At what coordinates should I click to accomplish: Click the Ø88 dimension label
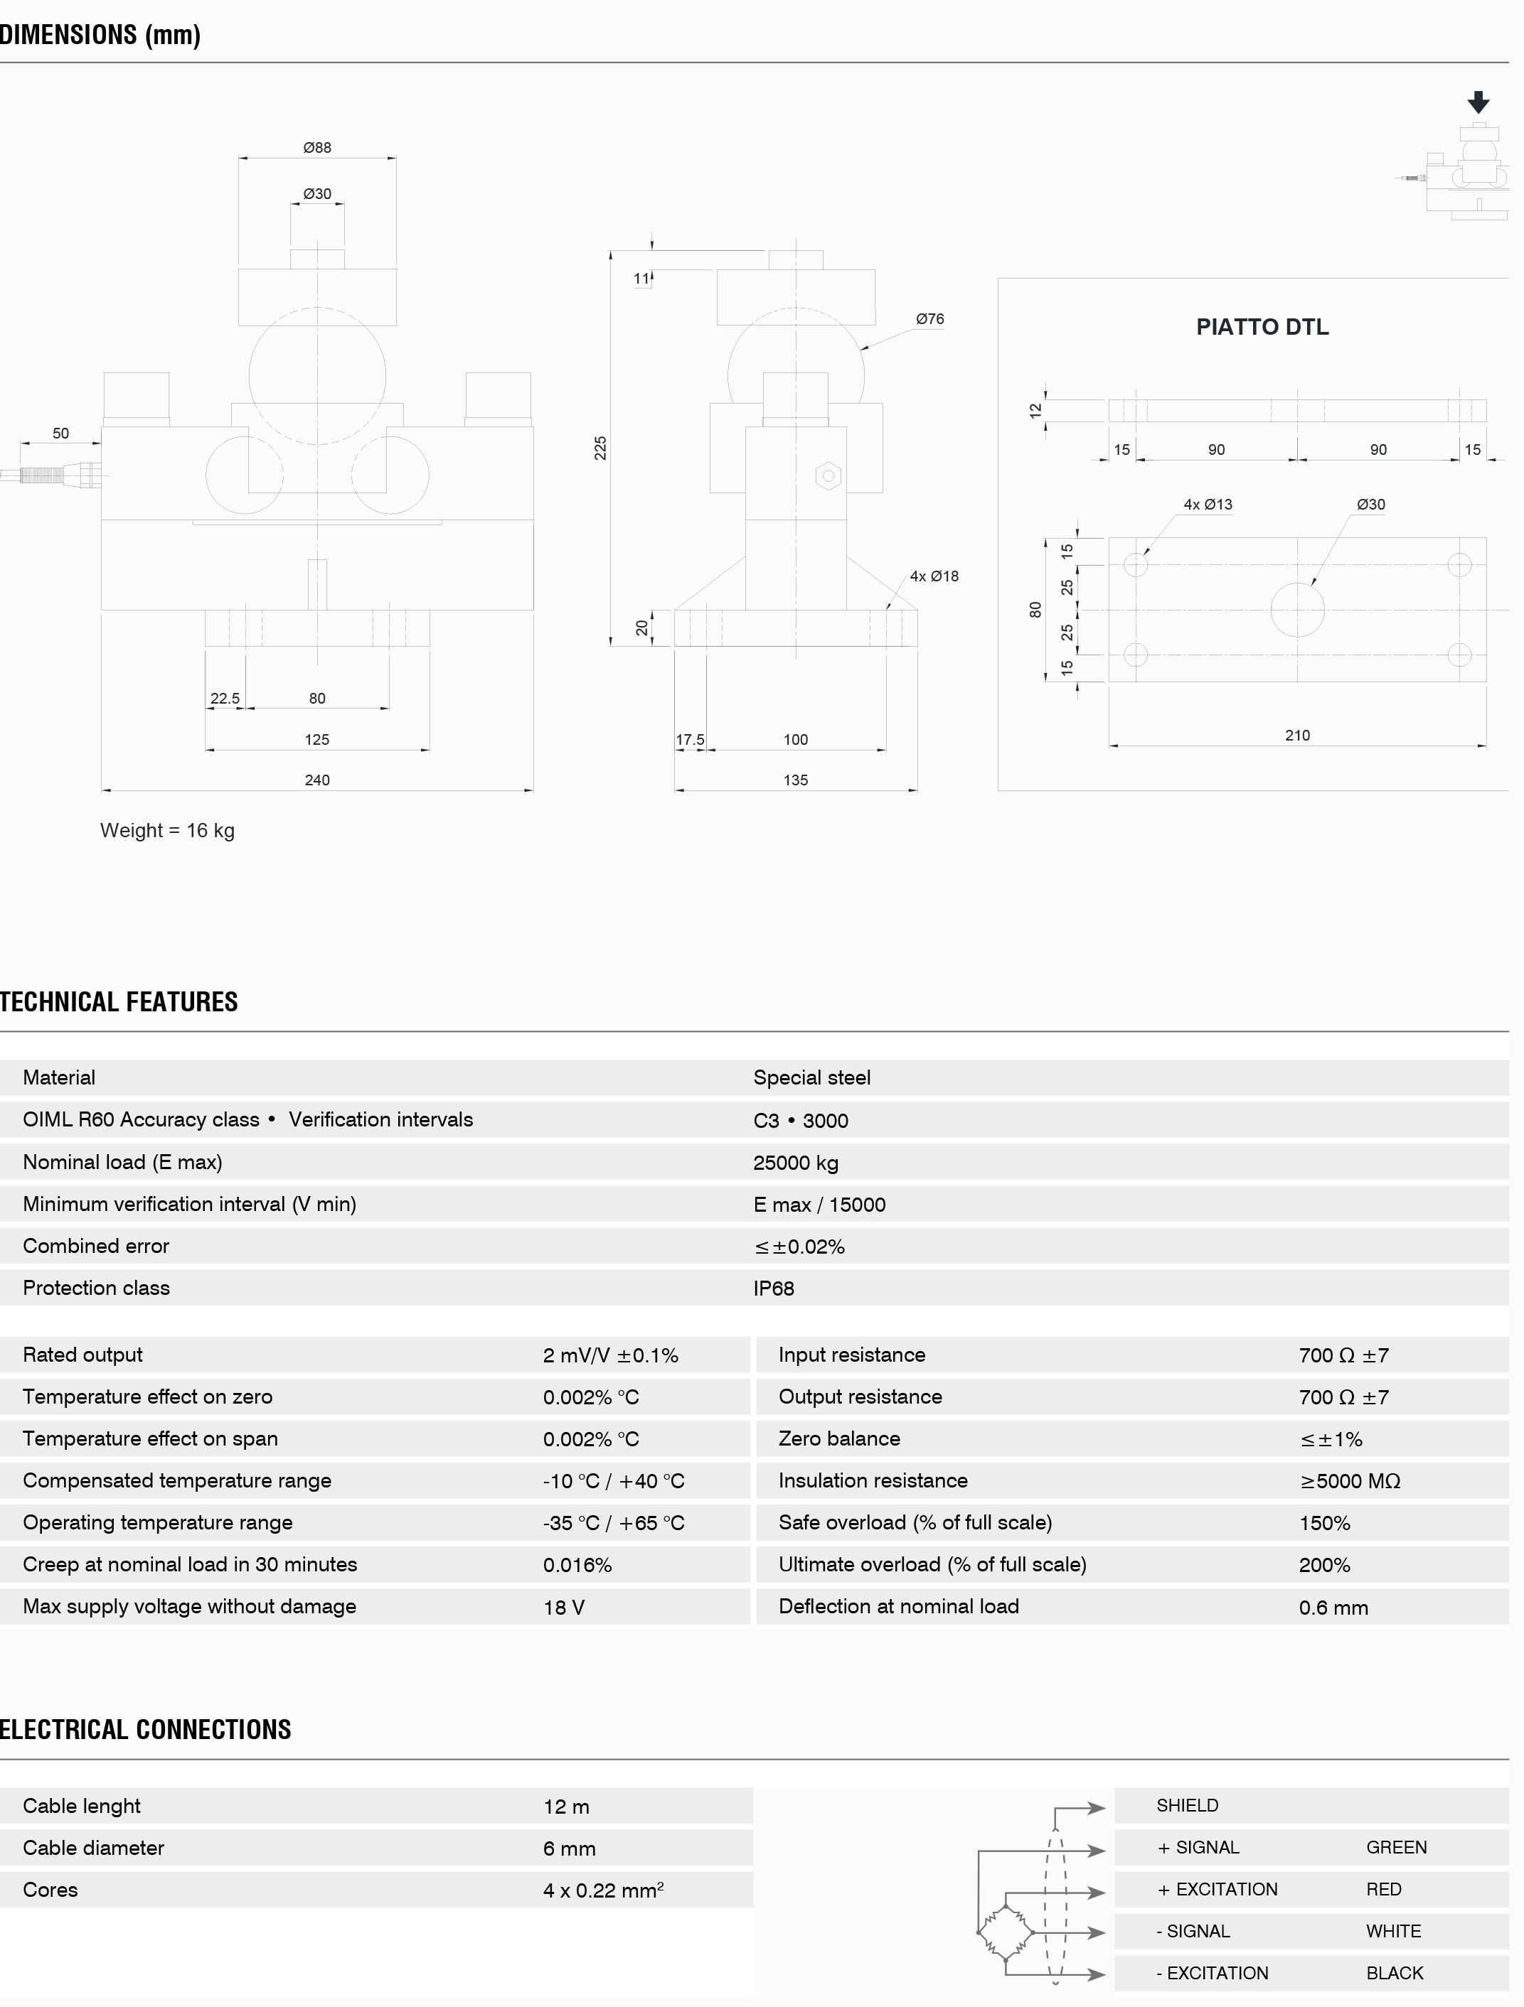coord(316,147)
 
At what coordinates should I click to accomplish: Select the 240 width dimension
coord(316,780)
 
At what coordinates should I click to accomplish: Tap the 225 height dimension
coord(600,447)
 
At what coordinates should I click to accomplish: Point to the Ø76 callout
coord(929,318)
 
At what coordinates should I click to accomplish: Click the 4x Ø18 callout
coord(934,576)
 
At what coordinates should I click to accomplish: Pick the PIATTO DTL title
coord(1262,327)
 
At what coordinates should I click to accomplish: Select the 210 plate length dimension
coord(1297,735)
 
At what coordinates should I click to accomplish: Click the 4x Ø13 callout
coord(1208,505)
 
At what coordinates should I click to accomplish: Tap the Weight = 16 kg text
coord(168,830)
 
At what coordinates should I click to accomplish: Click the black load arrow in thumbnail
coord(1478,102)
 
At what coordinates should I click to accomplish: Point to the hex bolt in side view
coord(828,475)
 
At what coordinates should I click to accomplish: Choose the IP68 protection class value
coord(773,1288)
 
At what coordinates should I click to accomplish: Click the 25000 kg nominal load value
coord(795,1162)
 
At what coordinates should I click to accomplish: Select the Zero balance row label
coord(838,1438)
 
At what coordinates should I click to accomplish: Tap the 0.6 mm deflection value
coord(1333,1607)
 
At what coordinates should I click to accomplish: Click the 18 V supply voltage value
coord(564,1607)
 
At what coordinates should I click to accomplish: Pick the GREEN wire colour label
coord(1396,1847)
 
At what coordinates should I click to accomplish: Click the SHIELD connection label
coord(1187,1806)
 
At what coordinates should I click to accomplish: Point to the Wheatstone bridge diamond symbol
coord(1006,1932)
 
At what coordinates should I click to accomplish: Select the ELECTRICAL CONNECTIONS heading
coord(145,1729)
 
